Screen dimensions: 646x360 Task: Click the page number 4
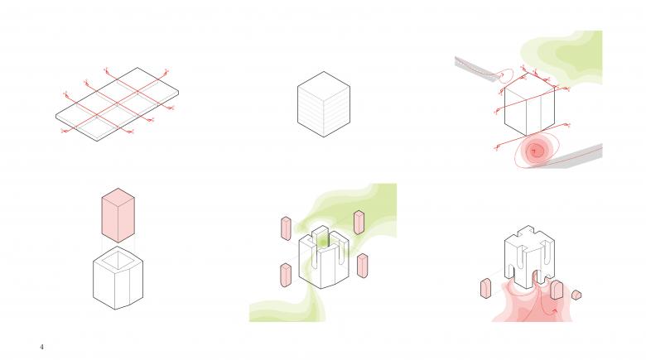tap(41, 347)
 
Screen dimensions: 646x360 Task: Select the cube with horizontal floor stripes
tap(324, 103)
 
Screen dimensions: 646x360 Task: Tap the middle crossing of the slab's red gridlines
tap(117, 103)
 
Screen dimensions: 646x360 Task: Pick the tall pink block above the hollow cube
tap(118, 215)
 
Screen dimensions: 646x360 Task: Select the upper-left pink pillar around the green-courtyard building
tap(286, 228)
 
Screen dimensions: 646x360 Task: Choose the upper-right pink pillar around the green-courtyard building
tap(359, 223)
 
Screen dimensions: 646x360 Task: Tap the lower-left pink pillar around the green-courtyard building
tap(286, 275)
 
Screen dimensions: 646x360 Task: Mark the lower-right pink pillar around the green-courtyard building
tap(363, 266)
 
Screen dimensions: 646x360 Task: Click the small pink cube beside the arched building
tap(576, 295)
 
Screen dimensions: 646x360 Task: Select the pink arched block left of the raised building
tap(485, 288)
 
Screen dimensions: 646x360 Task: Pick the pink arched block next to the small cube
tap(557, 290)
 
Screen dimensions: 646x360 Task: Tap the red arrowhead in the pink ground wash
tap(555, 311)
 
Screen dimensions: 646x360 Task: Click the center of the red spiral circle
tap(535, 151)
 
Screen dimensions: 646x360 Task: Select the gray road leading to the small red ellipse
tap(477, 69)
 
